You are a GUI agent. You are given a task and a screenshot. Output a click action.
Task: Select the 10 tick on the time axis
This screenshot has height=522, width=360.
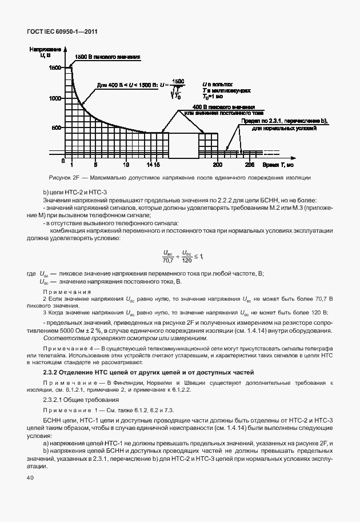click(x=126, y=165)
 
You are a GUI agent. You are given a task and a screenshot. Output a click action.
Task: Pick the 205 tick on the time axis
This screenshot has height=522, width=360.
click(x=249, y=165)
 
